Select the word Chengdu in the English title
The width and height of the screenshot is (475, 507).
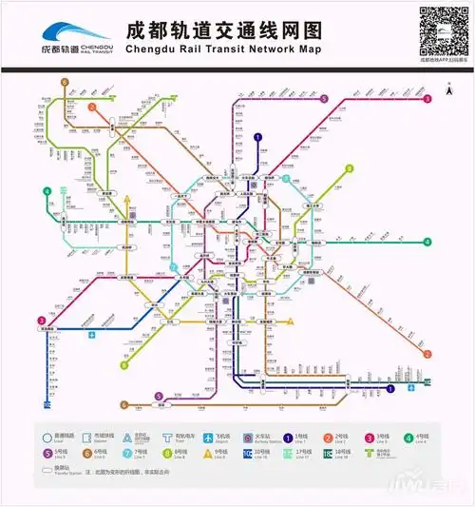157,49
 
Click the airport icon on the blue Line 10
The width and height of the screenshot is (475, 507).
92,335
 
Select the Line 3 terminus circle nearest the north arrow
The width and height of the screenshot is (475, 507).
427,99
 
